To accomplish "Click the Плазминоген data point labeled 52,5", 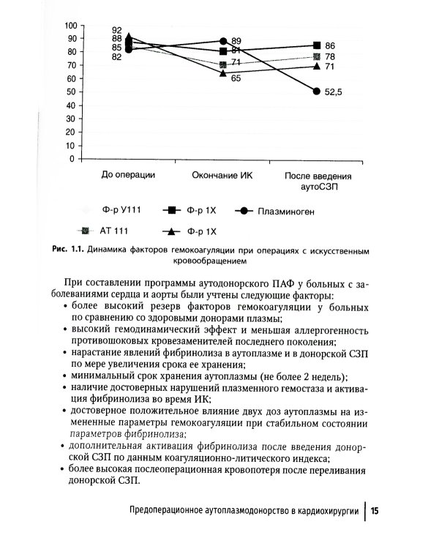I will tap(316, 91).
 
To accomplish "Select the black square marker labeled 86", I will tap(316, 45).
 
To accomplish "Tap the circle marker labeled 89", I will tap(222, 41).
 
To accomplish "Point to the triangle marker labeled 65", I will tap(222, 72).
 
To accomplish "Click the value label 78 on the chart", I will tap(330, 57).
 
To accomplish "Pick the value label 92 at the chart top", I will tap(116, 30).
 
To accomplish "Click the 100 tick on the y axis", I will tap(71, 25).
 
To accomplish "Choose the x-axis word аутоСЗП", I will tap(318, 187).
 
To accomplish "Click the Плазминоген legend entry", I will tap(286, 211).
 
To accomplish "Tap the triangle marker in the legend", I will tap(173, 232).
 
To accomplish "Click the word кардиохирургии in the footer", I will tap(324, 510).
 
